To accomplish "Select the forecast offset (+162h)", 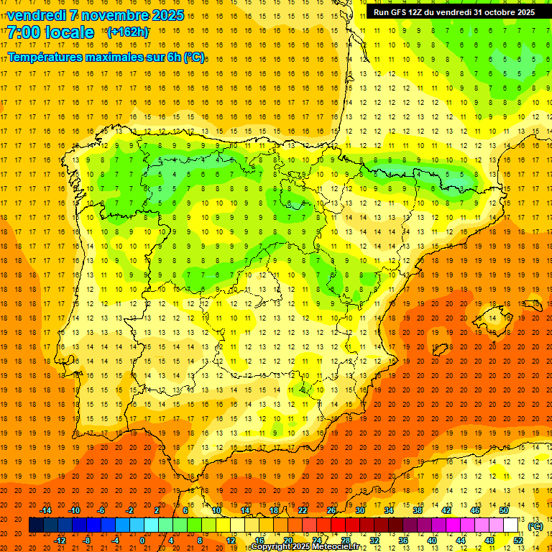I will click(x=127, y=32).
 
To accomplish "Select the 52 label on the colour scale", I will click(x=518, y=540).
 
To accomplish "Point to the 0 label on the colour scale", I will click(x=143, y=540).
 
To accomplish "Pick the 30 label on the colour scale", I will click(x=359, y=510).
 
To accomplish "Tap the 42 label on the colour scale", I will click(x=446, y=510).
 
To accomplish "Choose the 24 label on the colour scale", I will click(x=317, y=540).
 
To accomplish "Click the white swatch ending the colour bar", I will click(x=511, y=525).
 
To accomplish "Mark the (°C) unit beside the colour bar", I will click(x=535, y=526).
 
